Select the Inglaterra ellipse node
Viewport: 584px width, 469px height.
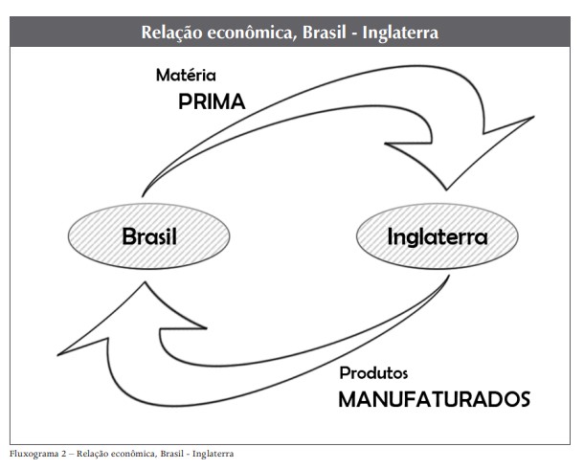437,235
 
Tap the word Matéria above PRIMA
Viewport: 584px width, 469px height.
187,74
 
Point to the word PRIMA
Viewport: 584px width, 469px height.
212,102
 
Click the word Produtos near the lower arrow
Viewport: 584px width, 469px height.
374,372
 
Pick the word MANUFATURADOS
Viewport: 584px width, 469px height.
434,399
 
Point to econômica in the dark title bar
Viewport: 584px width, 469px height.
252,33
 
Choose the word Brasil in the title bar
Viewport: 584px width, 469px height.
325,33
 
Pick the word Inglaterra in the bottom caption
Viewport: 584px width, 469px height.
211,453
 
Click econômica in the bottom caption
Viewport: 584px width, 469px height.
128,453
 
